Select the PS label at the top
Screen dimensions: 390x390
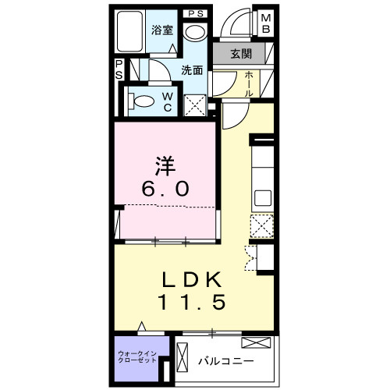[x=195, y=12]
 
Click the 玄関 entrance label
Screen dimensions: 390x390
[x=241, y=55]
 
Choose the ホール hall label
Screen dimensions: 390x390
[x=248, y=83]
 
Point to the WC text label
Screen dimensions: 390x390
[x=167, y=102]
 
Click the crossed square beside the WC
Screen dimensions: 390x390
[x=196, y=104]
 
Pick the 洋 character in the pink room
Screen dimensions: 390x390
[x=162, y=166]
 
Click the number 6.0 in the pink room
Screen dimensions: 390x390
[x=164, y=190]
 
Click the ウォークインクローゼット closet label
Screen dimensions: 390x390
[x=137, y=360]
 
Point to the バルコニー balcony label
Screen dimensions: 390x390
[x=225, y=361]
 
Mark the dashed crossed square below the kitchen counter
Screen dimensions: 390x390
[x=260, y=227]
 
